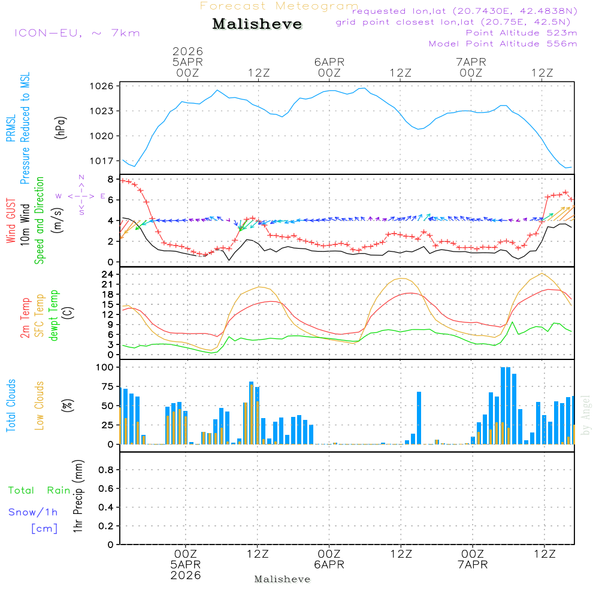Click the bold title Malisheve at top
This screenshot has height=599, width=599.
point(257,24)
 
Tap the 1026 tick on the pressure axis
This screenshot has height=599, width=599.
point(103,86)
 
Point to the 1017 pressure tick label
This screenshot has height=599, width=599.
point(103,161)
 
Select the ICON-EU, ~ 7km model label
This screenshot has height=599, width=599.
point(77,32)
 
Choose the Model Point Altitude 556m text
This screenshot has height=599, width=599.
point(503,44)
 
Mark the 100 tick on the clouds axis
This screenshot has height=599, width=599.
point(105,367)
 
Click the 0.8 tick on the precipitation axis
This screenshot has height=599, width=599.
point(105,470)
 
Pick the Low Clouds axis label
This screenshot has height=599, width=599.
point(40,406)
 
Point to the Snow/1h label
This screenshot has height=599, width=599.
point(33,512)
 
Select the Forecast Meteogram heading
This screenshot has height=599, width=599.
point(279,6)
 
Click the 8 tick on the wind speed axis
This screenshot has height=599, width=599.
point(110,179)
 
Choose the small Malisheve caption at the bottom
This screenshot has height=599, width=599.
point(282,579)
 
